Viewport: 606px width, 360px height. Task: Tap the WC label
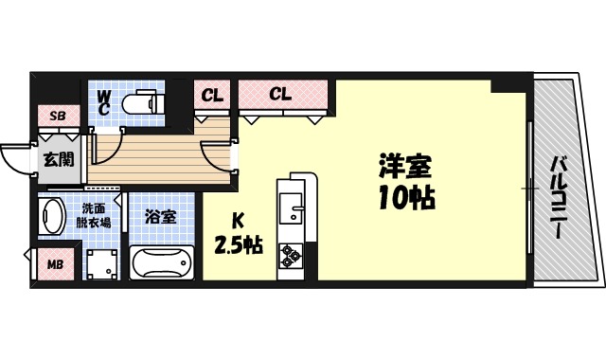pyautogui.click(x=104, y=102)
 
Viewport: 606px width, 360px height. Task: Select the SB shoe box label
pyautogui.click(x=58, y=117)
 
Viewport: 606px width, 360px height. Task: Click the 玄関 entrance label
pyautogui.click(x=58, y=158)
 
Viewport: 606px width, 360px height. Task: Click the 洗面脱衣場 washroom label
pyautogui.click(x=94, y=215)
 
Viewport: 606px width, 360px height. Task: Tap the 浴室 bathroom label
pyautogui.click(x=160, y=215)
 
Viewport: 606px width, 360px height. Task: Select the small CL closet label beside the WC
pyautogui.click(x=212, y=95)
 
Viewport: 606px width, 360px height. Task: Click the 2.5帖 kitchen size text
pyautogui.click(x=238, y=244)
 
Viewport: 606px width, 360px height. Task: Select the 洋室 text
pyautogui.click(x=405, y=169)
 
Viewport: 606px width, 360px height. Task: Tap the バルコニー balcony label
pyautogui.click(x=558, y=200)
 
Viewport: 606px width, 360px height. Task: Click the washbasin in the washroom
pyautogui.click(x=54, y=217)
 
